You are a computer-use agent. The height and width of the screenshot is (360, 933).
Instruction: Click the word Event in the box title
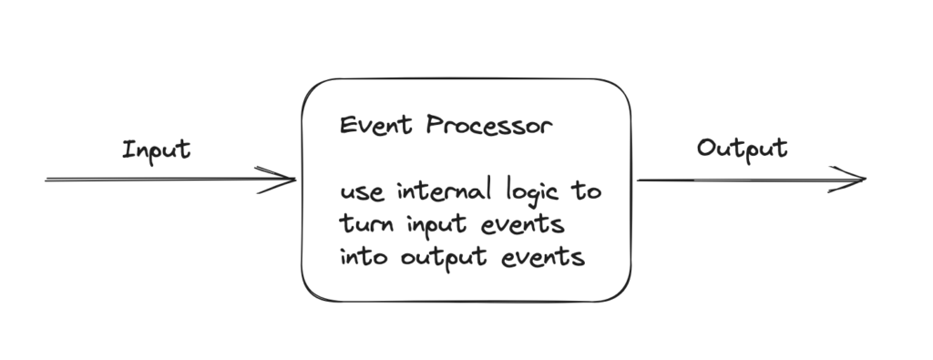(x=375, y=126)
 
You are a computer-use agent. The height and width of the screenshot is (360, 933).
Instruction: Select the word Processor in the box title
(x=489, y=125)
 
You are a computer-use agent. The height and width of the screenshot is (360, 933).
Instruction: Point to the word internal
(x=445, y=191)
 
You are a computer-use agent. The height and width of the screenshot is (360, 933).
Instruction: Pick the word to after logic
(x=587, y=191)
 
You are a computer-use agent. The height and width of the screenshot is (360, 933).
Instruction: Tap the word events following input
(x=522, y=225)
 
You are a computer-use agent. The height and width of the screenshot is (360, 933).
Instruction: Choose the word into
(x=364, y=257)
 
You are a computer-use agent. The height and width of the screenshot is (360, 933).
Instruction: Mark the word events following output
(x=543, y=257)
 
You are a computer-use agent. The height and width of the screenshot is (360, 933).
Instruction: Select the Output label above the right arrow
(x=742, y=149)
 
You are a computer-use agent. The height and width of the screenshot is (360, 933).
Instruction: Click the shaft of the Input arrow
(x=169, y=180)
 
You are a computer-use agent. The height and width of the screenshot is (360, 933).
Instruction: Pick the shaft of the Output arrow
(x=751, y=180)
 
